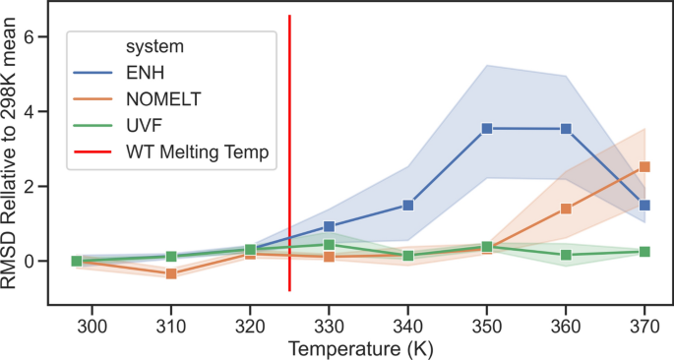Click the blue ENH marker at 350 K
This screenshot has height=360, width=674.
[x=486, y=129]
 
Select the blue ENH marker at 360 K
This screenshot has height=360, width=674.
[x=566, y=129]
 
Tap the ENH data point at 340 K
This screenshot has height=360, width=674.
[x=407, y=206]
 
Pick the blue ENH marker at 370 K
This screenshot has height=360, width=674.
[x=644, y=206]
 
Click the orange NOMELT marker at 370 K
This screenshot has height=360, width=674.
[x=644, y=167]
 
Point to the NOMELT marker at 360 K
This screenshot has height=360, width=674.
[x=566, y=209]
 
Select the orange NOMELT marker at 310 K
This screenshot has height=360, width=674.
[x=171, y=273]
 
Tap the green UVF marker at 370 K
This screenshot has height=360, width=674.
[x=644, y=252]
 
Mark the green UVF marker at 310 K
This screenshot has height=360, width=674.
[x=171, y=257]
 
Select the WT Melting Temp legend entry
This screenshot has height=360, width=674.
[x=196, y=151]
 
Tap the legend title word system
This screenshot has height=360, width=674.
[x=155, y=45]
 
